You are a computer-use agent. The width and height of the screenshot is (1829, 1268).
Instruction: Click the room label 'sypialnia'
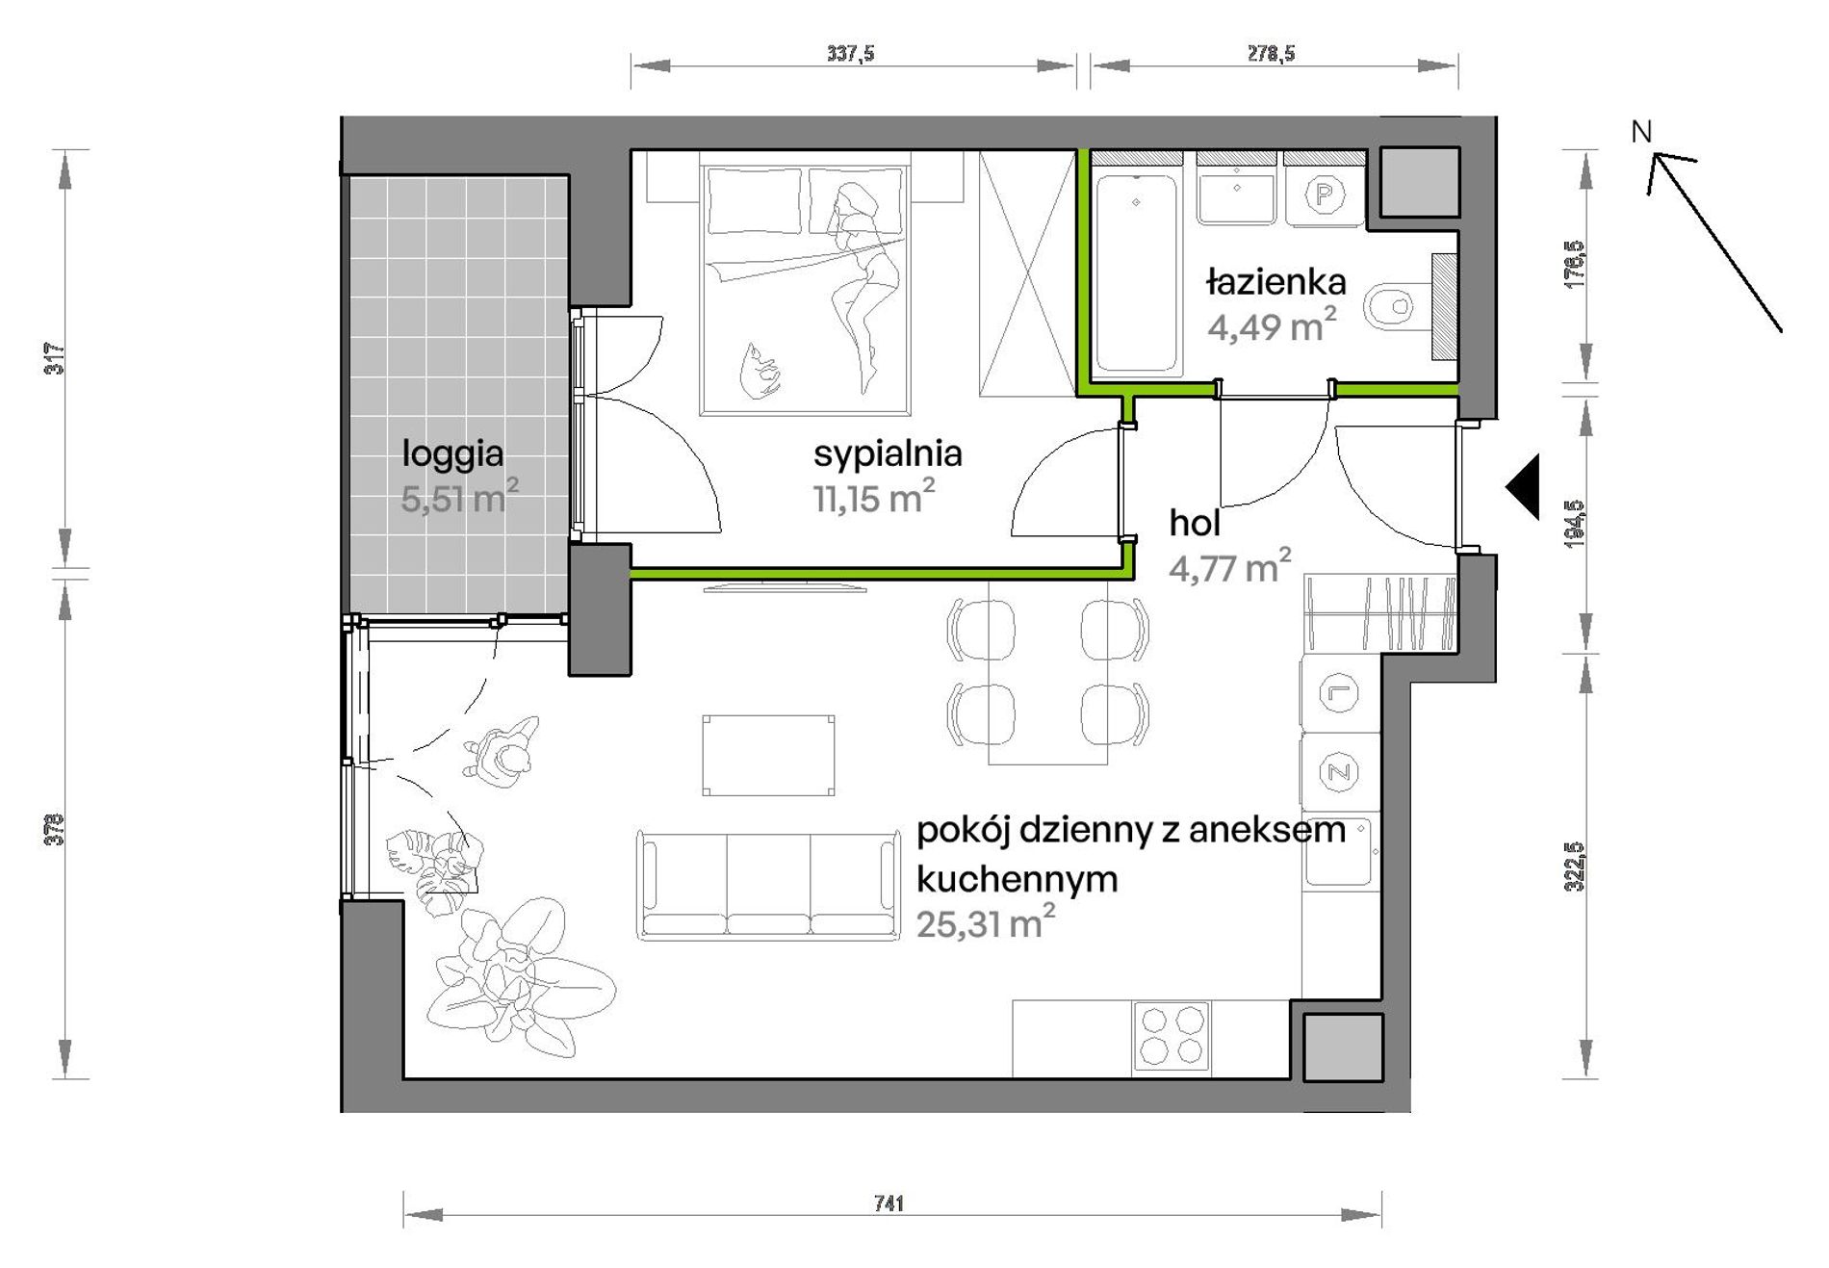pos(888,454)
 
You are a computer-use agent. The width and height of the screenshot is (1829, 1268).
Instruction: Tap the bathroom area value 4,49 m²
pos(1272,326)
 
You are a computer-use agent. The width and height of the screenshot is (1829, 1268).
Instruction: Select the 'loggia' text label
pos(452,454)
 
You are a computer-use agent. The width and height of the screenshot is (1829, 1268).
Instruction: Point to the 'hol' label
pos(1195,524)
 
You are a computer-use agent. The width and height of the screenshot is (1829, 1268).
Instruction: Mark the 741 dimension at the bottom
pos(889,1203)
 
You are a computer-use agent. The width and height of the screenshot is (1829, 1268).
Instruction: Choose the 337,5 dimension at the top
pos(851,54)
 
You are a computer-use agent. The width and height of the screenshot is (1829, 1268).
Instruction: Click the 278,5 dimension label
pos(1272,54)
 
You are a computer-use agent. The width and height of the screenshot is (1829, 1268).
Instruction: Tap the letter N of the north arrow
pos(1641,132)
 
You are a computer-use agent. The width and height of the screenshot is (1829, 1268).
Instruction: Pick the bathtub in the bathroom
pos(1136,271)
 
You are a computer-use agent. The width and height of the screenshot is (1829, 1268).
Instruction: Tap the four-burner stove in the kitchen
pos(1171,1035)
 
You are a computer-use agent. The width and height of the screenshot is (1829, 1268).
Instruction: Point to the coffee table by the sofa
pos(768,755)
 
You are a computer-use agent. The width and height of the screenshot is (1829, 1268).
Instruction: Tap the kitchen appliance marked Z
pos(1338,770)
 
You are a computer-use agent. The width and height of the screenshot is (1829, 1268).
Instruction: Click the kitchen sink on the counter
pos(1339,851)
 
